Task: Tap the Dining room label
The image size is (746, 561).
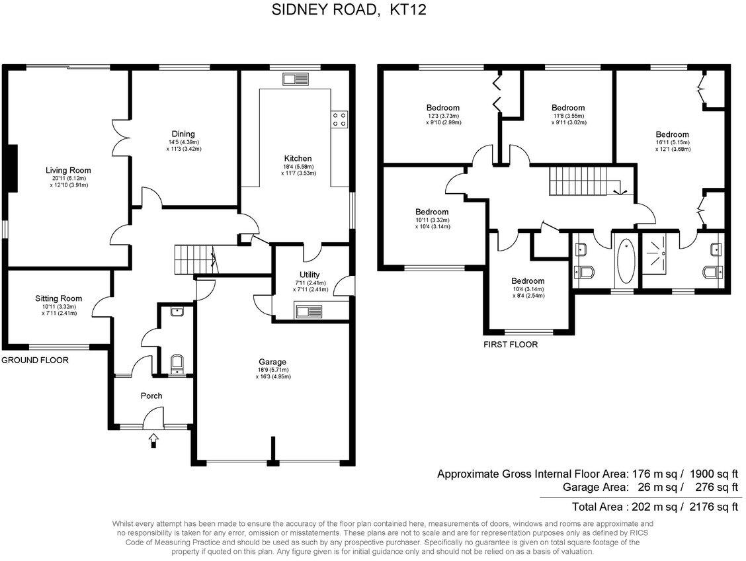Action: [183, 134]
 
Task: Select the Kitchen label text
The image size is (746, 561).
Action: [298, 159]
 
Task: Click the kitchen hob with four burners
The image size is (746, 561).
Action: [339, 118]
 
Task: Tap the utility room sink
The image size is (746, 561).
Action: [309, 312]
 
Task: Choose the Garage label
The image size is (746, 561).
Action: [272, 362]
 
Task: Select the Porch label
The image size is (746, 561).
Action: [151, 396]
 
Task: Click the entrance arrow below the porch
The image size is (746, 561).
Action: [154, 439]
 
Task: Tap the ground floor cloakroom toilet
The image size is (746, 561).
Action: [177, 364]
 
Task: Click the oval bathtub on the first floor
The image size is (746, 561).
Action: [625, 263]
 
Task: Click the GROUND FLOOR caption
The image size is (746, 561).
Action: [35, 361]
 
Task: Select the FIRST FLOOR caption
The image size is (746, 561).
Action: [511, 345]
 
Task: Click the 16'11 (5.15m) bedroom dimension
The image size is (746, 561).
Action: [673, 142]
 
